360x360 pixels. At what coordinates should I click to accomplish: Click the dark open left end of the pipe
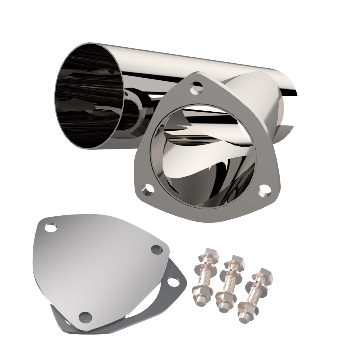point(90,96)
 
